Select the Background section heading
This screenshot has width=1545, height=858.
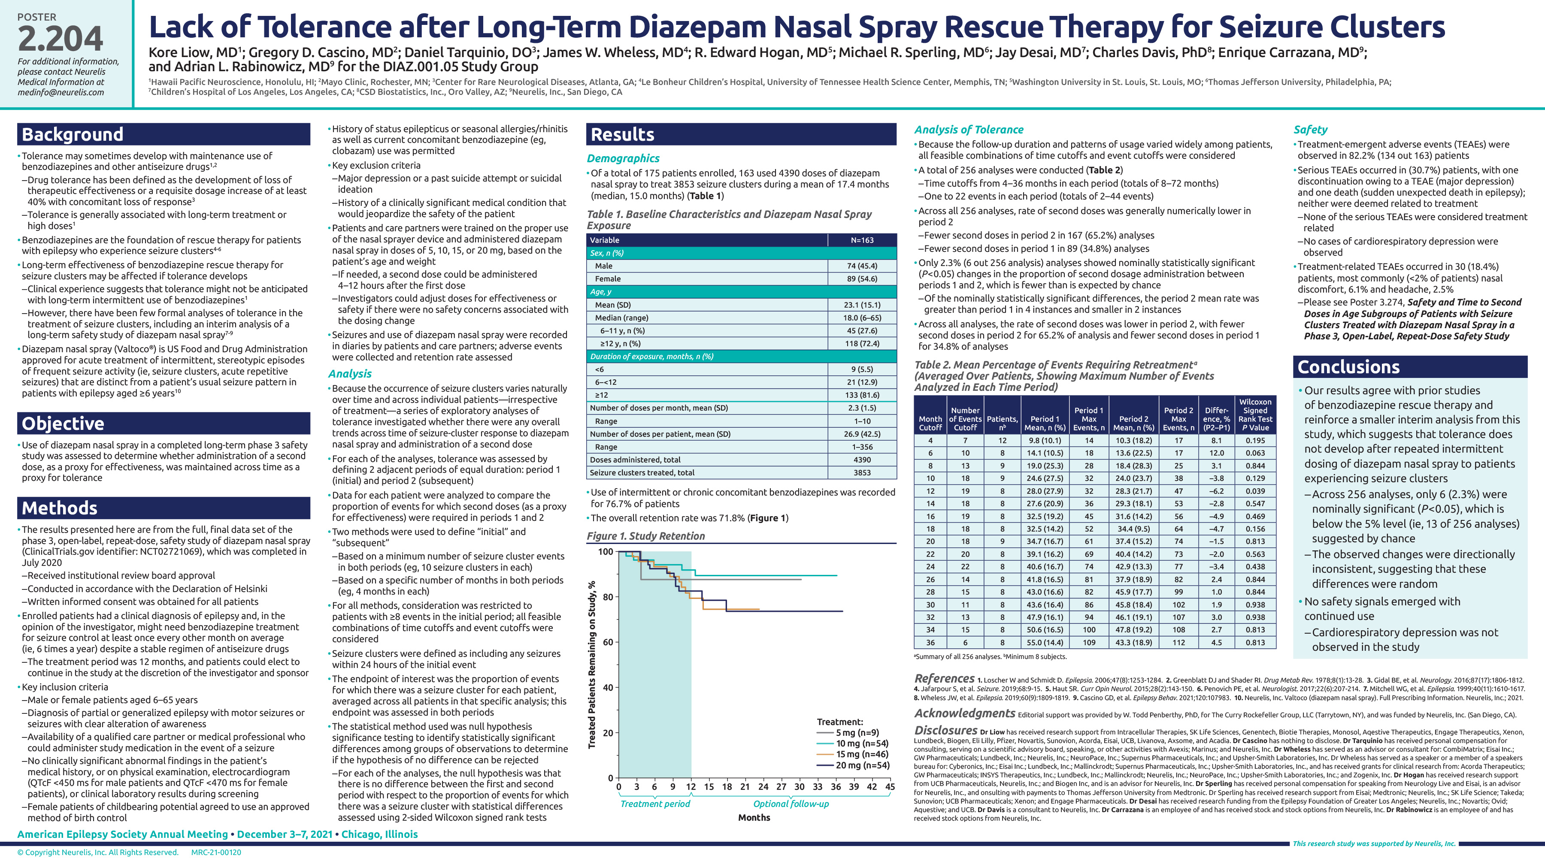(x=73, y=134)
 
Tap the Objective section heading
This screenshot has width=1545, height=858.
(x=63, y=423)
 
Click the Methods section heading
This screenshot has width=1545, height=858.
(x=59, y=508)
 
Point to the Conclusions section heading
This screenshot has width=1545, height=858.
(x=1348, y=367)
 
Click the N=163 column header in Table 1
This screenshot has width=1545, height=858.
(x=862, y=240)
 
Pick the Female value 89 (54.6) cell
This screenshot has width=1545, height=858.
(x=862, y=279)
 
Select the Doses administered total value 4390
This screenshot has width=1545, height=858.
(x=862, y=460)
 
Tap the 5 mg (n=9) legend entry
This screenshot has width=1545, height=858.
(x=857, y=733)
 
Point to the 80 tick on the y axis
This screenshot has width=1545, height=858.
(x=608, y=597)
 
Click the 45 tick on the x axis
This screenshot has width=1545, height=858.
(x=890, y=787)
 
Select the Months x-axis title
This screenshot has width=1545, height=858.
(x=754, y=818)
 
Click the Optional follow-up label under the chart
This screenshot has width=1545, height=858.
(x=791, y=804)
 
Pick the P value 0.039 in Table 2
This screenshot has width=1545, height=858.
(x=1255, y=491)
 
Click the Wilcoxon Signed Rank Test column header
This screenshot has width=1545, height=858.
(x=1255, y=414)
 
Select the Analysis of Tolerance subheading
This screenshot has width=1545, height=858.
(x=969, y=130)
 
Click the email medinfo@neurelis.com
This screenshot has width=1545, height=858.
(x=61, y=92)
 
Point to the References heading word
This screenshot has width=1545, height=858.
(x=944, y=679)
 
